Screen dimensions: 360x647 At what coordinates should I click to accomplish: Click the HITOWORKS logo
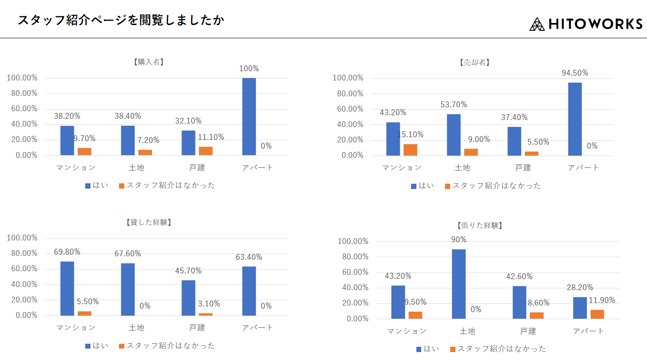(586, 24)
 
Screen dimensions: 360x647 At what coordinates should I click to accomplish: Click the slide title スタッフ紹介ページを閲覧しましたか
(121, 20)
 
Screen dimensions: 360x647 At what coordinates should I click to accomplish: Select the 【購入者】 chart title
(149, 62)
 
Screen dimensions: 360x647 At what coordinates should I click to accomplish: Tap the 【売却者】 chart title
(475, 62)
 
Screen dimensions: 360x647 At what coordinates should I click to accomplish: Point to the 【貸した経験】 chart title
(149, 222)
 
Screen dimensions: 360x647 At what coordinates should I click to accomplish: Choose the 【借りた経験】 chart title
(480, 225)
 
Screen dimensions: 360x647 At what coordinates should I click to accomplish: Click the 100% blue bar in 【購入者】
(249, 116)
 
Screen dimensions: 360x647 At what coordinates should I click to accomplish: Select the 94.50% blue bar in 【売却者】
(575, 119)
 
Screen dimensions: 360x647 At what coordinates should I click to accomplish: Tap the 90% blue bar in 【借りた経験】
(459, 284)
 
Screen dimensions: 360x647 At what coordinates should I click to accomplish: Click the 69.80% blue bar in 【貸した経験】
(67, 288)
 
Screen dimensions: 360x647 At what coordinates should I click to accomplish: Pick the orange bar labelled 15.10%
(410, 150)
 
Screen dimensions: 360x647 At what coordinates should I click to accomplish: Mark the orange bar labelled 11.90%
(597, 314)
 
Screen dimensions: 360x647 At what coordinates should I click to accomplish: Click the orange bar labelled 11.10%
(206, 151)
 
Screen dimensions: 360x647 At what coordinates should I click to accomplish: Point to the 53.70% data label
(454, 105)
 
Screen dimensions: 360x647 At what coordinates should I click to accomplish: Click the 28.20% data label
(580, 287)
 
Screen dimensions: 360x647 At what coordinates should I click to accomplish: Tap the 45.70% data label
(188, 271)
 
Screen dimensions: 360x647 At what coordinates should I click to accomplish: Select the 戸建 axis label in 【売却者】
(523, 167)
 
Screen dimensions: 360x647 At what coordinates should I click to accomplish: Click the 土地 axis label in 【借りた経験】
(467, 331)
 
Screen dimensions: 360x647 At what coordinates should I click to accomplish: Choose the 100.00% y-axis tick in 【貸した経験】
(22, 238)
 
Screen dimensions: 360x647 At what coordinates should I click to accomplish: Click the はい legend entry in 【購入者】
(97, 185)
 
